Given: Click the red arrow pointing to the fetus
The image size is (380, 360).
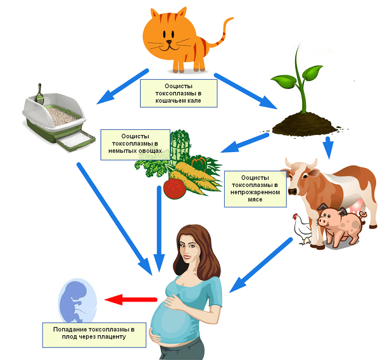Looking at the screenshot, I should [130, 299].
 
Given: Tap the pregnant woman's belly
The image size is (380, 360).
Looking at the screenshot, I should [175, 320].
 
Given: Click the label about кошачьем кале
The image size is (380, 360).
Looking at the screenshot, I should [179, 93].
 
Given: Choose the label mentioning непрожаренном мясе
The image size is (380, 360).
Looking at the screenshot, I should [255, 188].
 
